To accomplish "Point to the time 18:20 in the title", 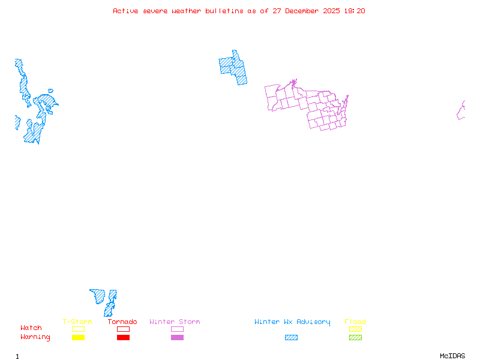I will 354,11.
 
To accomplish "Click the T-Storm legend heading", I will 77,322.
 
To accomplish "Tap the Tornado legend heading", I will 122,322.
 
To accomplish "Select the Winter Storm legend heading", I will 175,322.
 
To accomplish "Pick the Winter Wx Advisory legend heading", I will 292,322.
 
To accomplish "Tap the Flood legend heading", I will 355,322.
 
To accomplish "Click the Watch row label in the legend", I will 31,328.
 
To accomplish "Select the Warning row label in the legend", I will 35,337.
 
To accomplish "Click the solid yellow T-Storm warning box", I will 78,338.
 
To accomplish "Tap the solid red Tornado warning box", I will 123,338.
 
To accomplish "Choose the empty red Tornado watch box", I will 123,329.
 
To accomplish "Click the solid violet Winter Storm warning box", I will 177,338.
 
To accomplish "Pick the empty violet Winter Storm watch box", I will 177,329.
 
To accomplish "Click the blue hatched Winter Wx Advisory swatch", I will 291,338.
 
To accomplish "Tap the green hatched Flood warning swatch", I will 355,338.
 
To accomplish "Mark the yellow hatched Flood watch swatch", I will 355,329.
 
